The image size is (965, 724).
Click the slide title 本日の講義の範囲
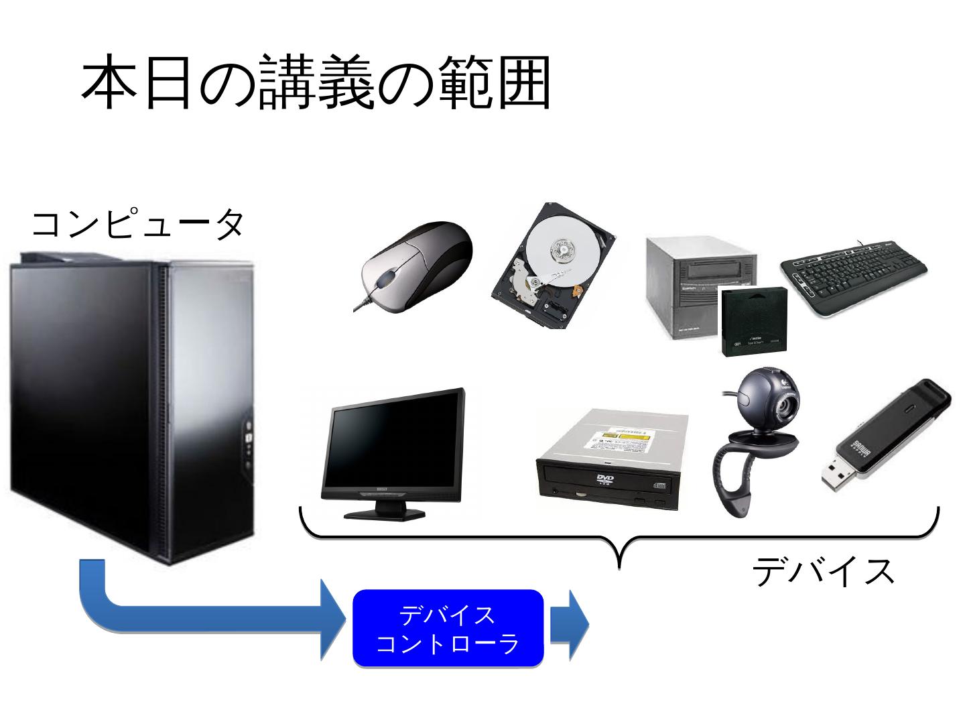click(x=316, y=83)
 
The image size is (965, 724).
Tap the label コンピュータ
click(x=138, y=224)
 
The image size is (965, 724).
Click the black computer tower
click(x=134, y=402)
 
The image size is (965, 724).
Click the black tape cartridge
click(x=753, y=322)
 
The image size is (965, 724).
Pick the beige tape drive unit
click(x=697, y=282)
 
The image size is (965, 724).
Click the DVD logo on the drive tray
click(x=604, y=479)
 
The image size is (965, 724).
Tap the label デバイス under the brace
click(x=824, y=572)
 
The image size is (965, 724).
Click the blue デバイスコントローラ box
click(x=448, y=629)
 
